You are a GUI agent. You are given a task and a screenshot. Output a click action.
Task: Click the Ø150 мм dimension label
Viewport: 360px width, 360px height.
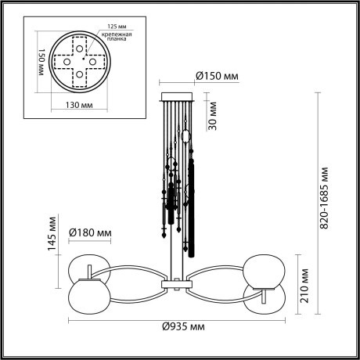click(x=217, y=76)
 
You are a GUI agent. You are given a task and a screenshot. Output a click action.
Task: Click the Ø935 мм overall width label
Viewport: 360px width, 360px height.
click(x=180, y=325)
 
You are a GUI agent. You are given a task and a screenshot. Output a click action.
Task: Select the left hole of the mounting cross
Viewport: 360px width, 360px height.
click(x=66, y=61)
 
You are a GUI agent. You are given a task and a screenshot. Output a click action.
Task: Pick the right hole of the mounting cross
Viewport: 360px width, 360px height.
click(x=92, y=61)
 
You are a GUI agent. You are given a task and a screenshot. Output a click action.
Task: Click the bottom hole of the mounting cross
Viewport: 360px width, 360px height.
click(x=79, y=74)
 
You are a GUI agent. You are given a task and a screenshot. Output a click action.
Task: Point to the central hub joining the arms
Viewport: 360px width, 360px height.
click(x=175, y=279)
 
